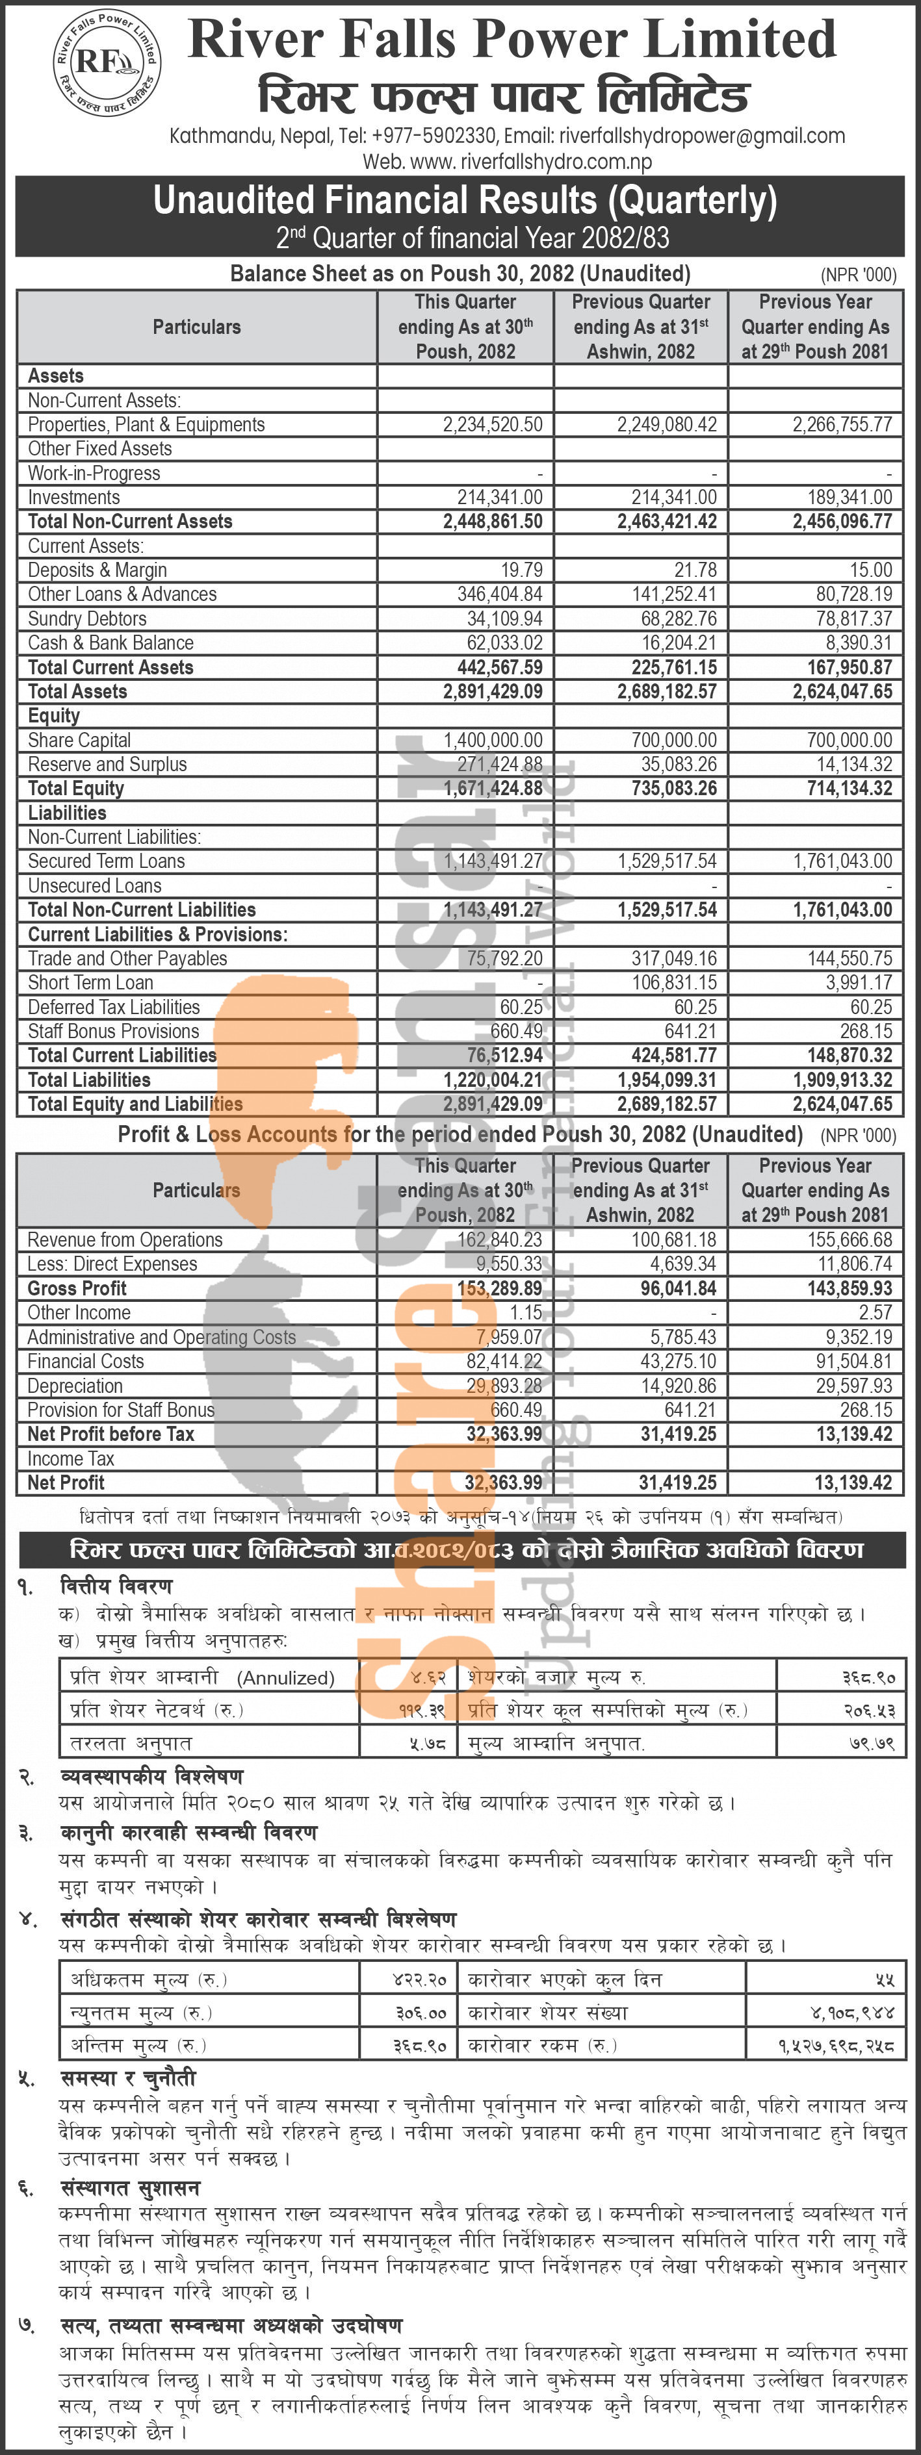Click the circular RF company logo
coord(107,63)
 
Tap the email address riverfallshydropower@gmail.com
coord(702,136)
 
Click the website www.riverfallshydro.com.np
coord(531,162)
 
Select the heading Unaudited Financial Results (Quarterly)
coord(465,200)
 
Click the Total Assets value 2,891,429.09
coord(492,692)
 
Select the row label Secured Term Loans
coord(106,861)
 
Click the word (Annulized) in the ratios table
coord(286,1678)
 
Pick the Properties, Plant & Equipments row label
coord(146,425)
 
